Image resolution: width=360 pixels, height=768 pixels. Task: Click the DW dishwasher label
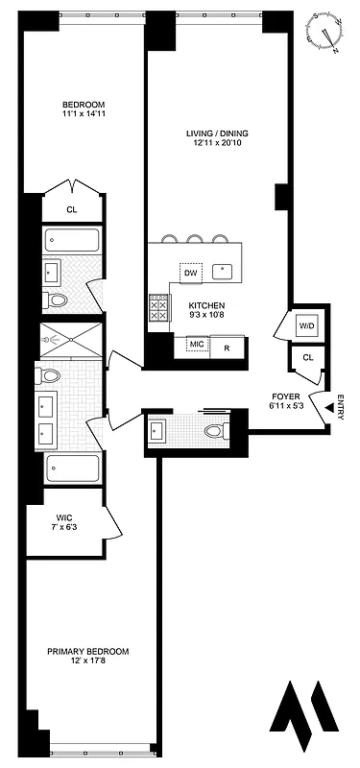[191, 274]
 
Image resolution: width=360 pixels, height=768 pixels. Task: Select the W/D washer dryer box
[307, 326]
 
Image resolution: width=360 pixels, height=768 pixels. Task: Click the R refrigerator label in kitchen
[228, 347]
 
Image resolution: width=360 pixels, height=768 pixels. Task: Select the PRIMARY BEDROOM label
[88, 652]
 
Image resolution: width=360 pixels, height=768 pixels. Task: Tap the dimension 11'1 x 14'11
[84, 115]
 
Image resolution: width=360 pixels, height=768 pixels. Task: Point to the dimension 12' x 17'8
[88, 662]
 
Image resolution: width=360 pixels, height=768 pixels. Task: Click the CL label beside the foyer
[307, 357]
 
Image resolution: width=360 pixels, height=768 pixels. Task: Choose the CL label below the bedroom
[72, 209]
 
